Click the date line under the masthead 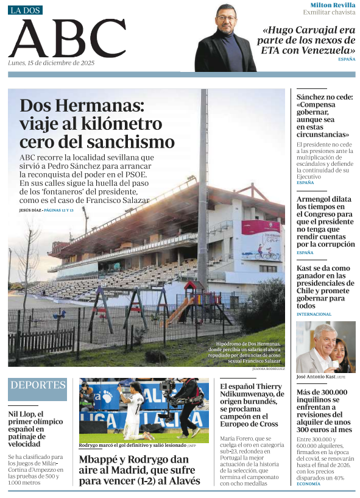51,63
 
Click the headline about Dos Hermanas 97,124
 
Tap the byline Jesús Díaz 30,210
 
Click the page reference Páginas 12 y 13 58,210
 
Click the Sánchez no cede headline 325,115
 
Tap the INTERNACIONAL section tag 314,315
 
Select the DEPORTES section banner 38,385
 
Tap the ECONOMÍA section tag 309,483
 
